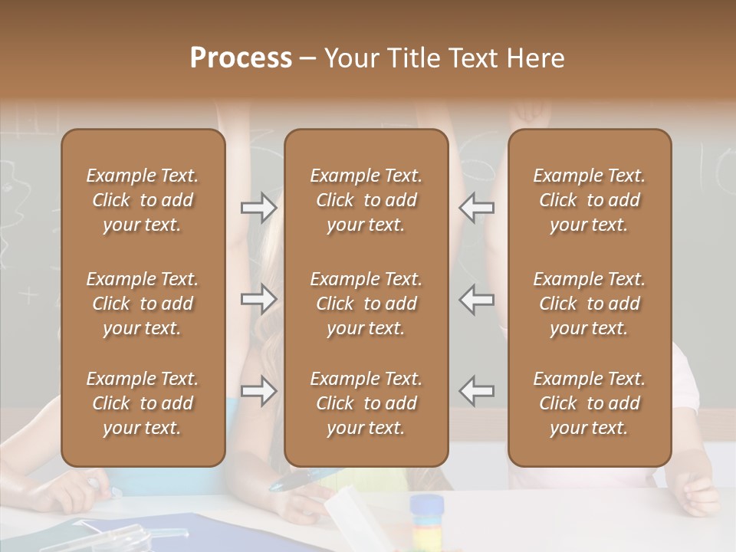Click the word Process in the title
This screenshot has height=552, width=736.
(241, 58)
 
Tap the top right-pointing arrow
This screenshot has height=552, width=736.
(258, 207)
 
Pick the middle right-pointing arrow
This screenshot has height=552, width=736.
(258, 299)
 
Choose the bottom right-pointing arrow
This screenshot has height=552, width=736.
(258, 391)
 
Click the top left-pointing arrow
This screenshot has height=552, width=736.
(477, 207)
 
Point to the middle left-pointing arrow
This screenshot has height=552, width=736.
(477, 299)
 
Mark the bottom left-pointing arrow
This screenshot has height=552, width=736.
(477, 391)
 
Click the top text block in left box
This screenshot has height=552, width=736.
(143, 200)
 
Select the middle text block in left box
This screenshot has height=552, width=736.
(143, 304)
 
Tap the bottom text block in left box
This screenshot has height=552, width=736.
(143, 403)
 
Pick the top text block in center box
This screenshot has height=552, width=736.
(366, 200)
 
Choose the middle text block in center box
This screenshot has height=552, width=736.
(366, 304)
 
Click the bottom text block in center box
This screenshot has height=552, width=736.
(366, 403)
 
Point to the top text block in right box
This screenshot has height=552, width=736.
(590, 200)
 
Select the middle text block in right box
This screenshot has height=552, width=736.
(590, 304)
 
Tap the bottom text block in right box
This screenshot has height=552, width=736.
(590, 403)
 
